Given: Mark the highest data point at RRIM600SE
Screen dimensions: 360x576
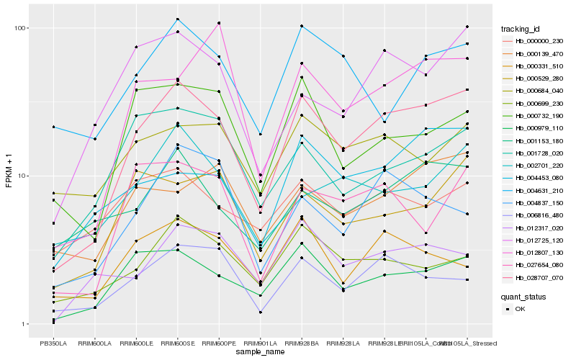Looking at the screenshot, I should pyautogui.click(x=178, y=19).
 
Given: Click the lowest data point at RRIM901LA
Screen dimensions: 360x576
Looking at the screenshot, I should pyautogui.click(x=261, y=312).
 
